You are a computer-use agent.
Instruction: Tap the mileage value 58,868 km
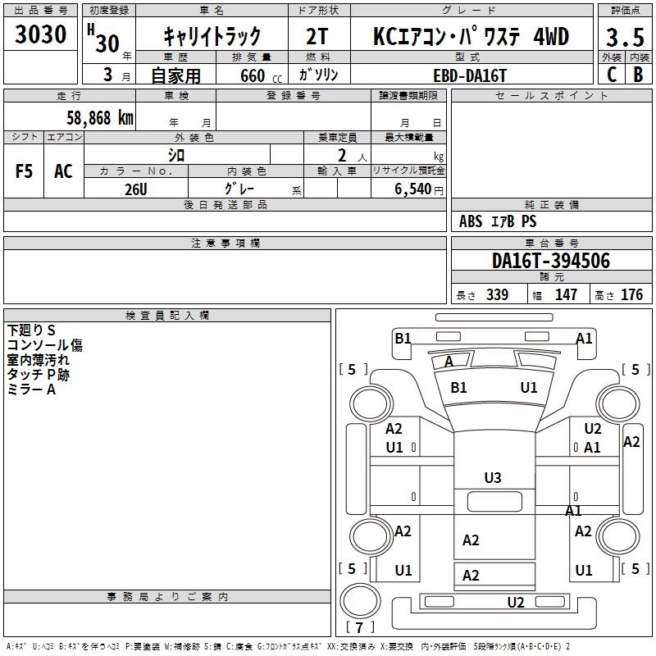pos(99,117)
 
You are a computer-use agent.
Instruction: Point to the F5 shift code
pos(25,171)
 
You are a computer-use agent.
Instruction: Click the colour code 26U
pos(135,189)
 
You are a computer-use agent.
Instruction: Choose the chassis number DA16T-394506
pos(550,262)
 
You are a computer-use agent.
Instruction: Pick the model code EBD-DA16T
pos(470,75)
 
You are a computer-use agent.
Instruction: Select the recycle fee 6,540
pos(408,189)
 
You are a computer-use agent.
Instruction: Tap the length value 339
pos(496,294)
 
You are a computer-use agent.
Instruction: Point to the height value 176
pos(631,294)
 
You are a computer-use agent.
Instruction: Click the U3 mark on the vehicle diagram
pos(493,477)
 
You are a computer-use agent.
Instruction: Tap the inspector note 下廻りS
pos(31,330)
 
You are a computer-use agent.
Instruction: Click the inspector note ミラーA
pos(31,389)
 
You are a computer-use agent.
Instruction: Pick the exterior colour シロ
pos(176,155)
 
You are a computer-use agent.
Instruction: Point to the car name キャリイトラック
pos(212,36)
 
